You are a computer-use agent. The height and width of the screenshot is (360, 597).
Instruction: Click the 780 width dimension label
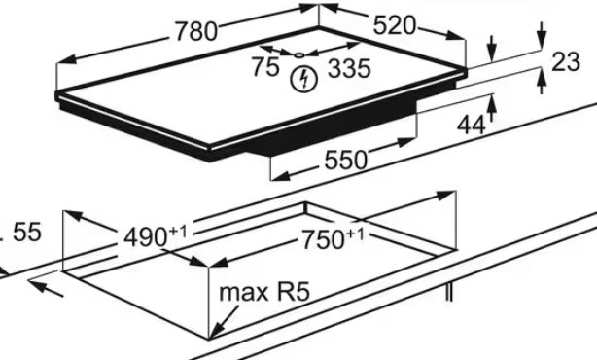[x=196, y=31]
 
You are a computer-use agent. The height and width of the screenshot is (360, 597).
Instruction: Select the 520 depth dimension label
[x=395, y=26]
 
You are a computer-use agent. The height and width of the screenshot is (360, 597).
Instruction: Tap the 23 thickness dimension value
[x=566, y=61]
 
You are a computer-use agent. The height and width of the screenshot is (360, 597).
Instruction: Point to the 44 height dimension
[x=472, y=125]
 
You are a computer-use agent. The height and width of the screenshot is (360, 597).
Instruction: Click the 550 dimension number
[x=346, y=160]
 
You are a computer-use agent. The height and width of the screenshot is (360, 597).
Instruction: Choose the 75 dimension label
[x=265, y=67]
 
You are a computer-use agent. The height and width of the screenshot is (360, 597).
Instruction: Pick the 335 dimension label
[x=349, y=69]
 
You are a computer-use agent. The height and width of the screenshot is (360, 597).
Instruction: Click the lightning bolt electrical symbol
[x=303, y=79]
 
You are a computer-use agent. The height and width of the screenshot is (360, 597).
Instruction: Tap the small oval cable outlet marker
[x=299, y=55]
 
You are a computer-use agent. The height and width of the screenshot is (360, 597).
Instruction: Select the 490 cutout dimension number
[x=146, y=237]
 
